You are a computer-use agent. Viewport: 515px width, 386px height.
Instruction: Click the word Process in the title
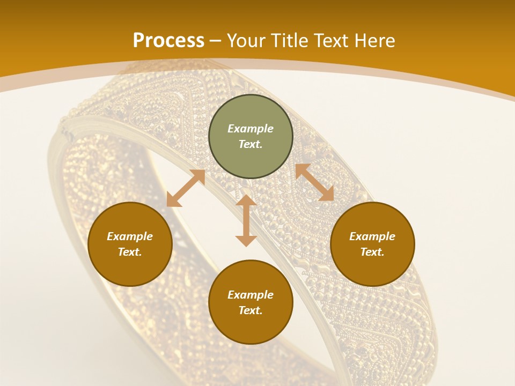pyautogui.click(x=168, y=41)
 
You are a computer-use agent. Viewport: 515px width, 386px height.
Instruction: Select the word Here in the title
pyautogui.click(x=376, y=41)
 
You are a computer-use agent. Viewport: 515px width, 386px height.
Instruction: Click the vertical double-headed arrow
pyautogui.click(x=246, y=220)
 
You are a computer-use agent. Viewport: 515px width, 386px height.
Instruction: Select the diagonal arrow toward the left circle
pyautogui.click(x=186, y=188)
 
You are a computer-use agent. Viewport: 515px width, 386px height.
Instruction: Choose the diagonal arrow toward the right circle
pyautogui.click(x=314, y=182)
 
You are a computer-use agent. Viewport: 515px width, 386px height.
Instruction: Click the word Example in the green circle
pyautogui.click(x=251, y=129)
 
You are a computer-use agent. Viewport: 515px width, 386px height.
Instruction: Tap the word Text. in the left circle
pyautogui.click(x=130, y=252)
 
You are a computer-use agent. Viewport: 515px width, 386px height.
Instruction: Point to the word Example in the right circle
pyautogui.click(x=372, y=236)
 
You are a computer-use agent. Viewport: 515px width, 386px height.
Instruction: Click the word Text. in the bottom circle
pyautogui.click(x=251, y=310)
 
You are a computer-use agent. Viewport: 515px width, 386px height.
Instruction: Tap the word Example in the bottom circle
pyautogui.click(x=251, y=295)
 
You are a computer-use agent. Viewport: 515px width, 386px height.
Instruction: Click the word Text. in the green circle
pyautogui.click(x=251, y=144)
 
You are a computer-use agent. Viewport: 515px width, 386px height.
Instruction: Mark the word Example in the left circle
pyautogui.click(x=130, y=236)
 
